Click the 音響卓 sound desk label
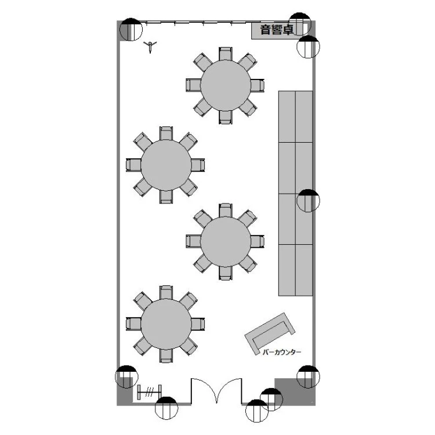[276, 30]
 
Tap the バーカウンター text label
[281, 352]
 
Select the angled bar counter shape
[270, 333]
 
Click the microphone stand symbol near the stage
[150, 46]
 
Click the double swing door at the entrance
[216, 390]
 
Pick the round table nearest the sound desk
[225, 85]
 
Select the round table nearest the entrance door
[166, 324]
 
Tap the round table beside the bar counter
[225, 241]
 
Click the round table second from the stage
[166, 165]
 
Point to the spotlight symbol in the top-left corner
[131, 30]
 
